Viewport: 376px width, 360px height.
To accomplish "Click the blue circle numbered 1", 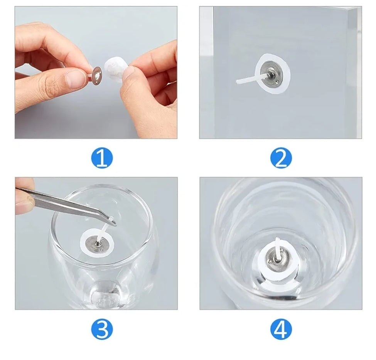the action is (x=102, y=158).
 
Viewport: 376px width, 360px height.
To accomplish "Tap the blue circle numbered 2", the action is (x=281, y=158).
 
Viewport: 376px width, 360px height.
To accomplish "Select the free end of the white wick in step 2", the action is (x=238, y=82).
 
